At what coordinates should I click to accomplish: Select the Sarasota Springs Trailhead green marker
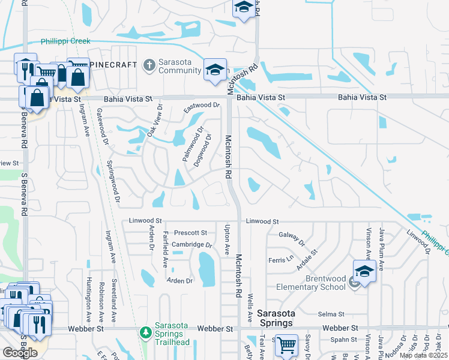click(145, 332)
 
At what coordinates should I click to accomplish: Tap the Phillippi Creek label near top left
click(65, 41)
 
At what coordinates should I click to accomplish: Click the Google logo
click(20, 352)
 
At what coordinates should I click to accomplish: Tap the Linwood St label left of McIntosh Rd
click(142, 221)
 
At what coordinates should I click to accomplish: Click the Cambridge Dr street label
click(192, 245)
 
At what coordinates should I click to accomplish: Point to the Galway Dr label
click(292, 238)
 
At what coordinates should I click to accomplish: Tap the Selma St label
click(331, 314)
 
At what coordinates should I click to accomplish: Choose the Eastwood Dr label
click(201, 106)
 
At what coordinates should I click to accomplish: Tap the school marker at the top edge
click(244, 8)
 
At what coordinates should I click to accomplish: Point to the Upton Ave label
click(227, 238)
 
